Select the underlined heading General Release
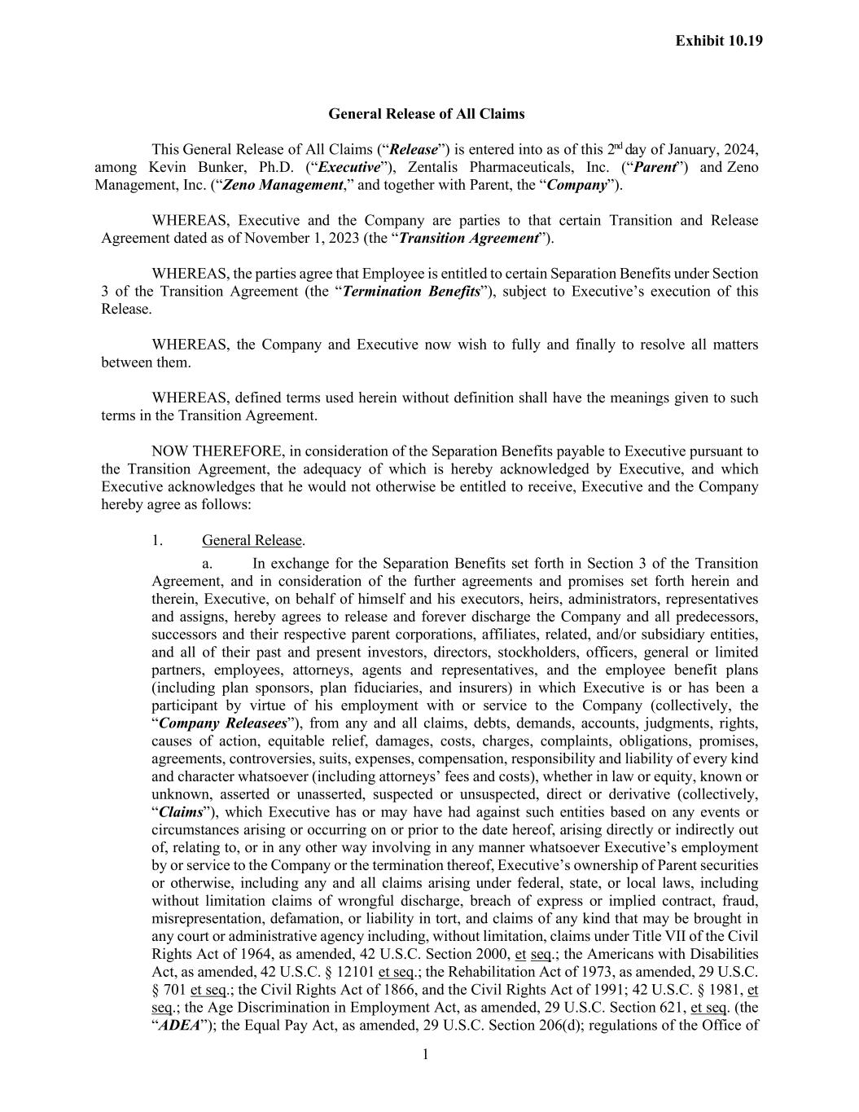click(x=252, y=541)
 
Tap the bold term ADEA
click(x=179, y=1026)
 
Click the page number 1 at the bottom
click(x=425, y=1056)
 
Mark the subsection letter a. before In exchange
click(x=208, y=564)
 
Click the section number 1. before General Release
click(x=157, y=541)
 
